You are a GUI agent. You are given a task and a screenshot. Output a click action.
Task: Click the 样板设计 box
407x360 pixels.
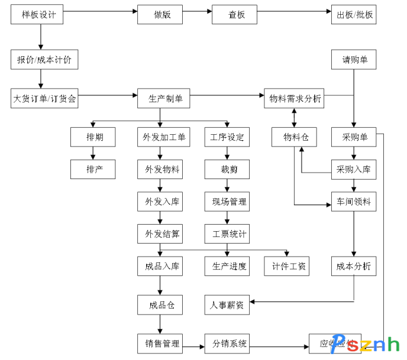click(39, 15)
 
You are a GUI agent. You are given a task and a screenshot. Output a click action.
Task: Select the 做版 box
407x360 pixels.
click(160, 15)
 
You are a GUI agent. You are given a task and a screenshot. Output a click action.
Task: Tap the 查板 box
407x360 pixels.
click(234, 15)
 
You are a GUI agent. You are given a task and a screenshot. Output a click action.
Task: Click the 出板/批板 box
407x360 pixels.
click(354, 15)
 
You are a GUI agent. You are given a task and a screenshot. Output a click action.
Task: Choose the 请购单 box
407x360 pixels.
click(354, 60)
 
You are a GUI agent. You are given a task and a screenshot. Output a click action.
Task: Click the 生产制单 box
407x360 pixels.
click(160, 99)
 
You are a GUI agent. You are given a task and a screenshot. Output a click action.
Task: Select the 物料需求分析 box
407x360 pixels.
click(295, 99)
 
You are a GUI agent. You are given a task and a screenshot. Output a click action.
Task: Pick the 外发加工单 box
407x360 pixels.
click(160, 138)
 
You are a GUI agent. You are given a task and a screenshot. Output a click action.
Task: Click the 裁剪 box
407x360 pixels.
click(227, 169)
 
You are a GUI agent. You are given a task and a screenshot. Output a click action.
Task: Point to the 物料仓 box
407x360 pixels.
click(295, 138)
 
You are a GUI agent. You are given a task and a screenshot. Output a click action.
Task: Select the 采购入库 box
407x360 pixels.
click(354, 169)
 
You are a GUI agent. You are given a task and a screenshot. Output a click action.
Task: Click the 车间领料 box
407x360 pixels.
click(354, 202)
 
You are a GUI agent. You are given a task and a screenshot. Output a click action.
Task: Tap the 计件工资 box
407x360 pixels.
click(286, 266)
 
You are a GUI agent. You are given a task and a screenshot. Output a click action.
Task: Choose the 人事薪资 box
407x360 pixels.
click(227, 306)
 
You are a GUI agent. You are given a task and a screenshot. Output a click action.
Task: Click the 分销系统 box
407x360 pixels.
click(227, 343)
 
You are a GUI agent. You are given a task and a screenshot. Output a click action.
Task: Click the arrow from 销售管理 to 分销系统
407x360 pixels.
click(193, 343)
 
